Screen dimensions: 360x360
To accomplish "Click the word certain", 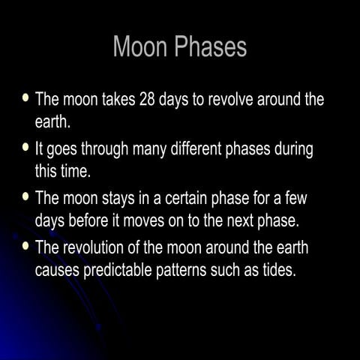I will tap(187, 199).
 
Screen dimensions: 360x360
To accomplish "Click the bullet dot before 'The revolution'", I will tap(27, 246).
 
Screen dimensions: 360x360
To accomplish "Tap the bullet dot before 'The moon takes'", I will tap(27, 99).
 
